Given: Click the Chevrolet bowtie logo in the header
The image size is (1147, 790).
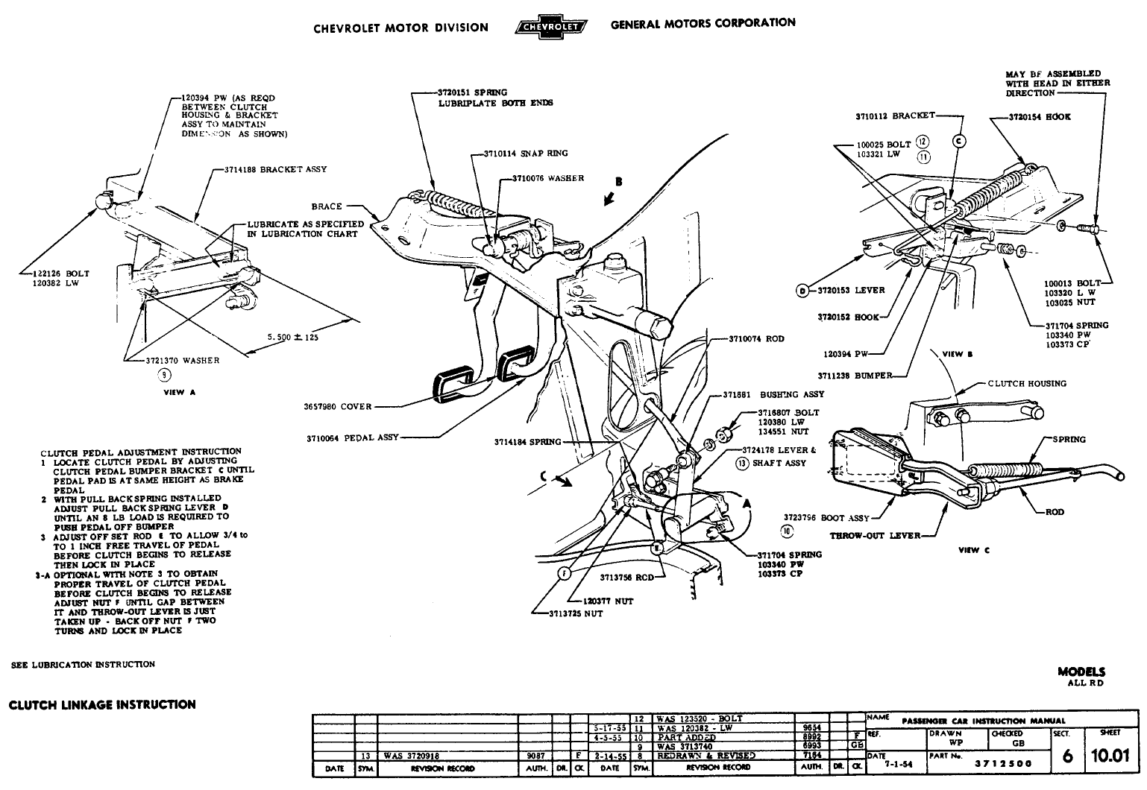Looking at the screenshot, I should pos(550,28).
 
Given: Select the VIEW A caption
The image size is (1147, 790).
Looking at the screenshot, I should pos(179,393).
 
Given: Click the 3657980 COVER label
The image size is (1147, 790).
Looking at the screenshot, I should pos(336,407).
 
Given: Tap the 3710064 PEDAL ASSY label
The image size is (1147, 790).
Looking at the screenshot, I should pos(353,437).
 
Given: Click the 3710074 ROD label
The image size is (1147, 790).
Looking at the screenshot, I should pos(757,339).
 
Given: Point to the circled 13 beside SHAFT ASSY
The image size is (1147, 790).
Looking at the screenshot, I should pos(741,463).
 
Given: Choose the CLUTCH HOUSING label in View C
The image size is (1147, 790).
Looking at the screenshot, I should pos(1027,384).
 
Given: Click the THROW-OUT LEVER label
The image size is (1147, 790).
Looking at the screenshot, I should pos(876,535).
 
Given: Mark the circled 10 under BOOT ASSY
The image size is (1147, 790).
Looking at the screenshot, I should pos(788,531).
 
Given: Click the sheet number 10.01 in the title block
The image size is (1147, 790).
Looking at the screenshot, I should pos(1110,757).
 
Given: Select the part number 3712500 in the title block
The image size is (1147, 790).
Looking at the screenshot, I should pos(1004,763).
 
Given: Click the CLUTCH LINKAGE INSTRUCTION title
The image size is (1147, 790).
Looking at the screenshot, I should pos(102,704).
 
